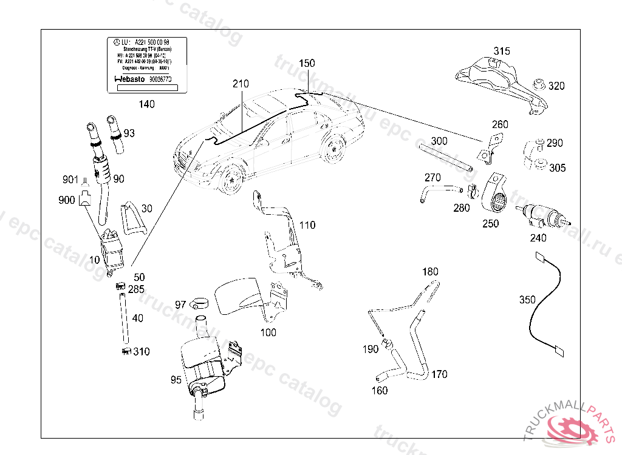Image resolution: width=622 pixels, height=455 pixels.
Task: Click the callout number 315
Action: (502, 51)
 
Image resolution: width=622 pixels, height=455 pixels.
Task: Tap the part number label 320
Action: (556, 86)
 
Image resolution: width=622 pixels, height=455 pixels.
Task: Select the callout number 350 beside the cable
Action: (527, 300)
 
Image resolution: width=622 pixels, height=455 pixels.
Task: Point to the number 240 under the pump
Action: (538, 238)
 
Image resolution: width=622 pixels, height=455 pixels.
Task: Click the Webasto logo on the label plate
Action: (128, 79)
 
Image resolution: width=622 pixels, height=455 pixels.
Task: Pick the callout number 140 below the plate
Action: (146, 104)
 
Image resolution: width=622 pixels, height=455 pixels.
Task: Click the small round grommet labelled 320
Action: (538, 83)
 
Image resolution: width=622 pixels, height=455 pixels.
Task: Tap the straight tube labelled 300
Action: (445, 157)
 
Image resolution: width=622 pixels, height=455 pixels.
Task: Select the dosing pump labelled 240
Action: (542, 215)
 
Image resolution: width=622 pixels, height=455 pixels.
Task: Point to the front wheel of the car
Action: (231, 180)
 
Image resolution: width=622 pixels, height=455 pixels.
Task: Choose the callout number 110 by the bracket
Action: (307, 225)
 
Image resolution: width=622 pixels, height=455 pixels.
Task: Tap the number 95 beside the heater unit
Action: (176, 380)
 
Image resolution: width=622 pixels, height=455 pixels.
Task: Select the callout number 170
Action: (439, 374)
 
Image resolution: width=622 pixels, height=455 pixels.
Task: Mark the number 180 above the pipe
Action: (430, 271)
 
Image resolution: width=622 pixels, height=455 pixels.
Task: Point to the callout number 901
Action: (70, 180)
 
